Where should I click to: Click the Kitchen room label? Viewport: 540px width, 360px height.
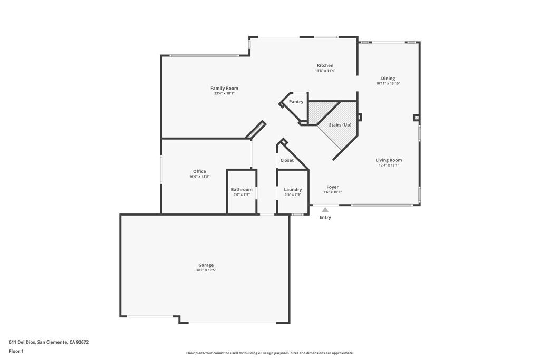coord(325,65)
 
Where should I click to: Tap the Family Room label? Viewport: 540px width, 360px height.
coord(224,88)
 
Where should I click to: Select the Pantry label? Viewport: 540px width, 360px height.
coord(296,102)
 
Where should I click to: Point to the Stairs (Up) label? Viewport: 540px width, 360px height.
coord(340,124)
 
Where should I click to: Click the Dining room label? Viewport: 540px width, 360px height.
coord(388,79)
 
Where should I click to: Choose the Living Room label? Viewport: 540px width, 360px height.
coord(389,160)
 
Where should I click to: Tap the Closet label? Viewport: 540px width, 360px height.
coord(287,160)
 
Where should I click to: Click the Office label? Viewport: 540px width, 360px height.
coord(199,171)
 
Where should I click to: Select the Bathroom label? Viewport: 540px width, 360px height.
coord(242,190)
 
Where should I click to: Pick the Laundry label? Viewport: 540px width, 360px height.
coord(293,190)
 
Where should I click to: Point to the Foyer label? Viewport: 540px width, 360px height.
coord(332,187)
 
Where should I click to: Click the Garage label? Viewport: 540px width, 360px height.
coord(206,265)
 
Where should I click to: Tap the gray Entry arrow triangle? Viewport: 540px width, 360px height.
coord(325,210)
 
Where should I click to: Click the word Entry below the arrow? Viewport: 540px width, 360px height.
coord(325,217)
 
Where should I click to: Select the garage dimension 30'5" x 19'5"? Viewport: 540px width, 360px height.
coord(206,270)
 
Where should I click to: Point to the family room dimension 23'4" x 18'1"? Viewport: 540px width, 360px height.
coord(224,93)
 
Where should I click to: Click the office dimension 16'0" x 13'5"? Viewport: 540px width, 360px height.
coord(199,177)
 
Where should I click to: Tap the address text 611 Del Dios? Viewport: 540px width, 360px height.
coord(22,342)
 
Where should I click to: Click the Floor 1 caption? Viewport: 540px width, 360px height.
coord(16,351)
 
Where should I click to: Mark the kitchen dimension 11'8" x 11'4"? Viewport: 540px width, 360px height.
coord(325,71)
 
